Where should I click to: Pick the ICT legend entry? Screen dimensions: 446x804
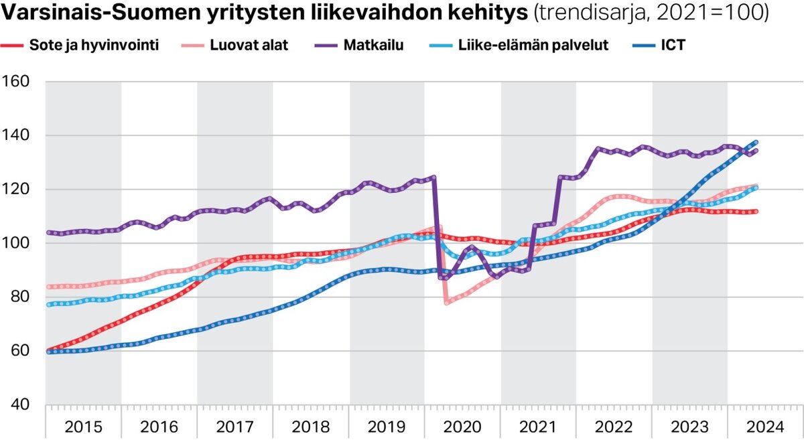671,46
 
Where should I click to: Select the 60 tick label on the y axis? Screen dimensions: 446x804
17,350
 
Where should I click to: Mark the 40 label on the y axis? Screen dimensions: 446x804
17,404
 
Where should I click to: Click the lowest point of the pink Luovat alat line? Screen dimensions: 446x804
447,303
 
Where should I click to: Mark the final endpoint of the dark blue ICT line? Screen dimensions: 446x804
756,142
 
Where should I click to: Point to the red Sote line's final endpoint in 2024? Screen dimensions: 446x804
756,212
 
